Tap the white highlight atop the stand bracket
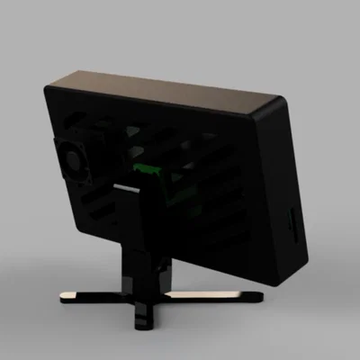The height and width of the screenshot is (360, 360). tap(126, 185)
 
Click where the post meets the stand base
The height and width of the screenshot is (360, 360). tap(142, 293)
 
